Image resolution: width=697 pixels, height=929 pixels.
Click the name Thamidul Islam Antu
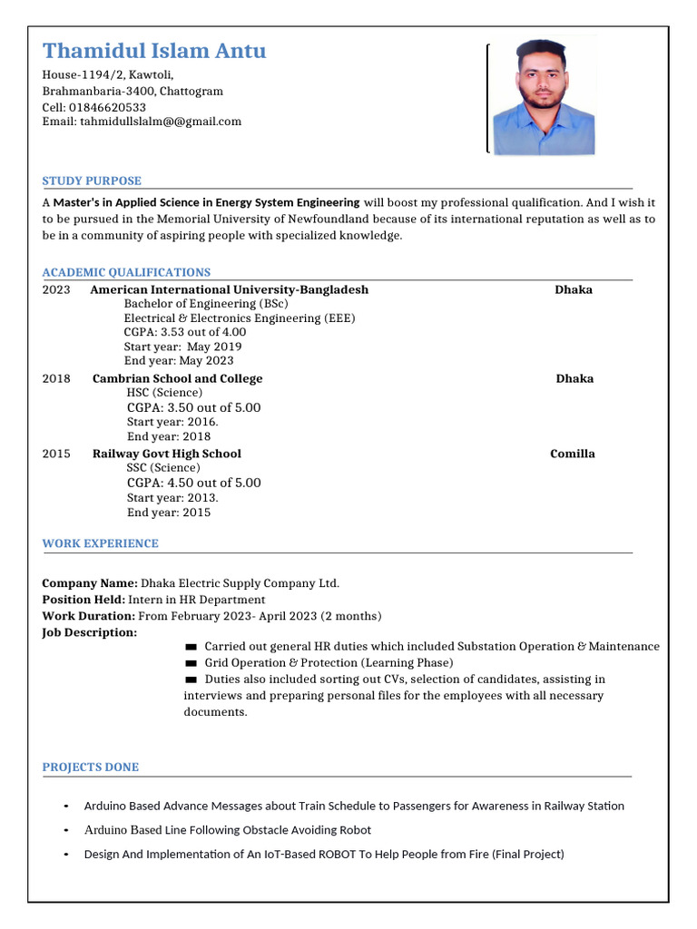pos(154,51)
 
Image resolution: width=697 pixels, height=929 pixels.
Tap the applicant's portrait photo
pos(543,97)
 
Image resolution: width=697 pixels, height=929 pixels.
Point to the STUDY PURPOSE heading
pos(92,181)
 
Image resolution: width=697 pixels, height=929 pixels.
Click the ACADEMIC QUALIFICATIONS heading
pos(126,272)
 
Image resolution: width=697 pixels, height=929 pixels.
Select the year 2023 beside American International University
pos(56,289)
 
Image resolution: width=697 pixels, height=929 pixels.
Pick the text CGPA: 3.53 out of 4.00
pos(185,332)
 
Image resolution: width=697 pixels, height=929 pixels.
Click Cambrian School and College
pos(178,378)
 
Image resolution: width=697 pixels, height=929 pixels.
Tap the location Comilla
pos(573,454)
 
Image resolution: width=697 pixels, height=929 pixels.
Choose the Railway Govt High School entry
pos(167,454)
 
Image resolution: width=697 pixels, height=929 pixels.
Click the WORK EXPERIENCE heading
pos(100,543)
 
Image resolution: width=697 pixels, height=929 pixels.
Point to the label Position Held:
pos(83,600)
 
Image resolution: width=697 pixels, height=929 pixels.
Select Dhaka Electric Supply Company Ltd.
pos(240,583)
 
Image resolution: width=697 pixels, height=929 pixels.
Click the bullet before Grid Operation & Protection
pos(191,663)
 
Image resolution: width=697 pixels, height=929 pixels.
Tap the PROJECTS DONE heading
pos(91,768)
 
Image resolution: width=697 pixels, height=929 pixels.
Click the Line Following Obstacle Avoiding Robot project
pos(227,830)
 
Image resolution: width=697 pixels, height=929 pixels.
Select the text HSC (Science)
pos(164,393)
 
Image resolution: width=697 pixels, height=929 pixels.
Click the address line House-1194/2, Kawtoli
pos(108,75)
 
